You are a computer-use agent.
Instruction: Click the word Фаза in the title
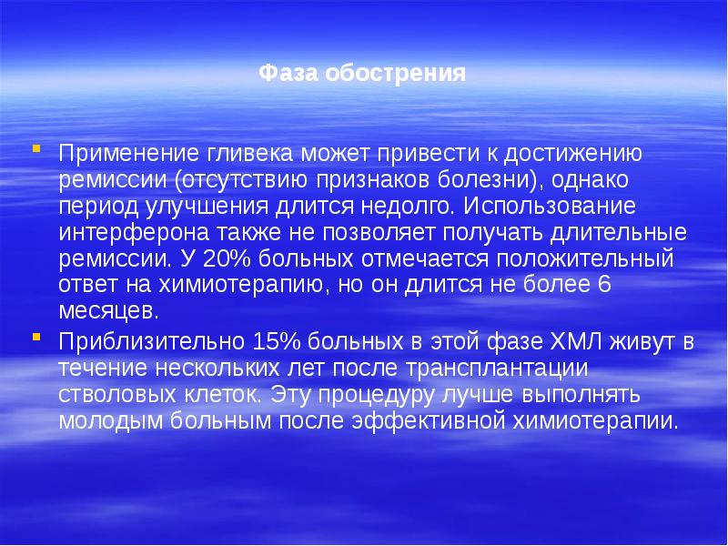pos(284,73)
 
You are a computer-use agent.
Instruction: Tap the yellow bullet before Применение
pos(35,147)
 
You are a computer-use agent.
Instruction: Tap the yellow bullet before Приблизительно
pos(35,338)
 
